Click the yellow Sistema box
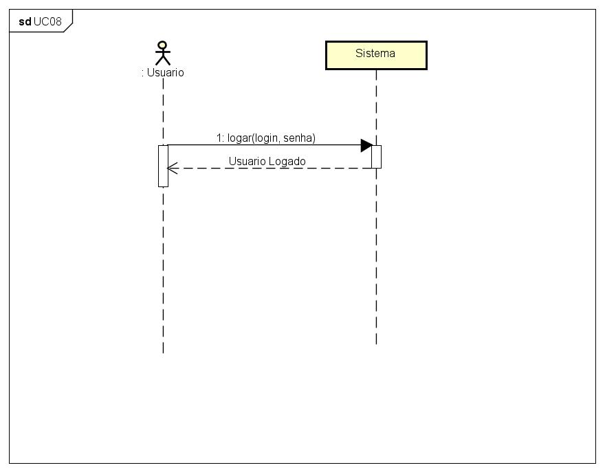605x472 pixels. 376,55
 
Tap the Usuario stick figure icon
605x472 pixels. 163,53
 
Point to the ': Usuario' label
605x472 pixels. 163,72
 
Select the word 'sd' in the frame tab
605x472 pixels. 25,21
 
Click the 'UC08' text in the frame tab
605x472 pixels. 47,21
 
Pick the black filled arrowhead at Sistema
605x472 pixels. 366,145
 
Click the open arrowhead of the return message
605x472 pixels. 172,167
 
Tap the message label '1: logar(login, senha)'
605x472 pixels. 265,138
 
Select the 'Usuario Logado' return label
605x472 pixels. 267,161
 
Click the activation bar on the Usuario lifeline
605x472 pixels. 163,166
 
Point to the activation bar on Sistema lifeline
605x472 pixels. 376,156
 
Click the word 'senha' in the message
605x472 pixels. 300,138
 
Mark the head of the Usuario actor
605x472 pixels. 163,45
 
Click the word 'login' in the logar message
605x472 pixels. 266,138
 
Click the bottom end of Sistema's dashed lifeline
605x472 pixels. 376,343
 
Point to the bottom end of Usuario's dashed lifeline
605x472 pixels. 163,352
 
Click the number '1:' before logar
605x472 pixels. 220,138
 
